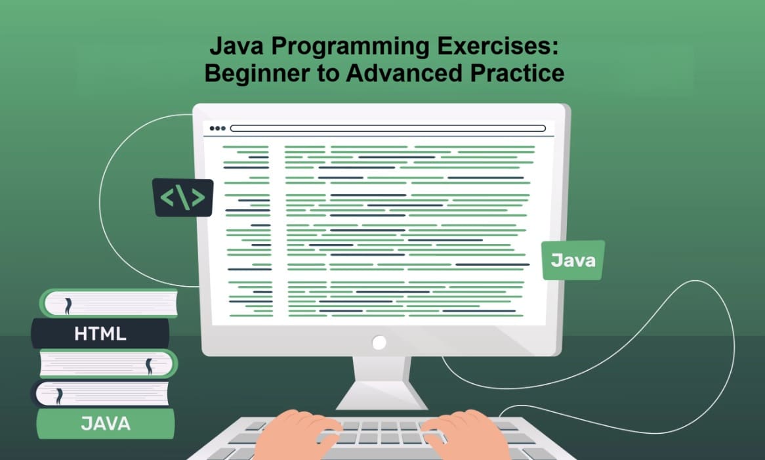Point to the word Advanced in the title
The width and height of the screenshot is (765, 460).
click(400, 72)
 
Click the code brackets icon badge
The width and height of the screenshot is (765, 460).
click(183, 198)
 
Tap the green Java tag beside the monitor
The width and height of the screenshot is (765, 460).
click(573, 261)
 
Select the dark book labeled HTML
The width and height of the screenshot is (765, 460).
click(100, 333)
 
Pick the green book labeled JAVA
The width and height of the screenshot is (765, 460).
click(105, 423)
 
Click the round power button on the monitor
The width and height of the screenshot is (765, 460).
click(379, 342)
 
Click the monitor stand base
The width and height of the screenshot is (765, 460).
click(379, 397)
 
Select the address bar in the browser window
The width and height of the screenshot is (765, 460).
click(388, 129)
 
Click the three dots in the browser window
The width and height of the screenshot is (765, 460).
click(217, 129)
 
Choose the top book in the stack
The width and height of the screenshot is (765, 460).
click(109, 303)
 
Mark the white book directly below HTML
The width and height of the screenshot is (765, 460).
click(109, 363)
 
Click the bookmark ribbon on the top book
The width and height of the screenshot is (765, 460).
click(67, 304)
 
